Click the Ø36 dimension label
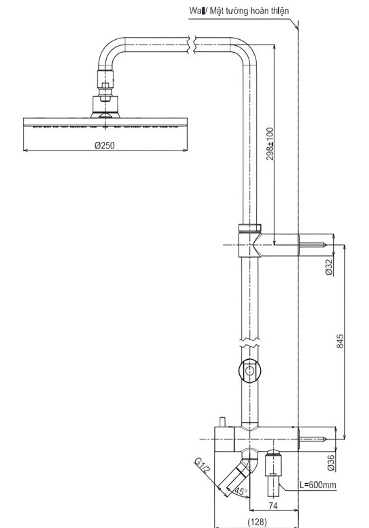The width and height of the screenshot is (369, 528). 330,463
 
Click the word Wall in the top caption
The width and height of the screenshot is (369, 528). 198,11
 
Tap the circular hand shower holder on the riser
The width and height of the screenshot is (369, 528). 250,370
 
